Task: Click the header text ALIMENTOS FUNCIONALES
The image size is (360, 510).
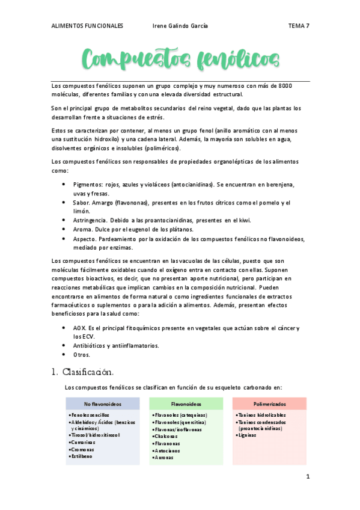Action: coord(87,26)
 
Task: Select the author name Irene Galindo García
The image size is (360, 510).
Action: coord(181,26)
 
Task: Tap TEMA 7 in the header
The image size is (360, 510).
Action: coord(299,26)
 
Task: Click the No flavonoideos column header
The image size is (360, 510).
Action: coord(102,404)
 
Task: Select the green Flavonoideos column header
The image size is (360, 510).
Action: coord(186,404)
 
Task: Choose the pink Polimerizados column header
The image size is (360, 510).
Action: coord(269,404)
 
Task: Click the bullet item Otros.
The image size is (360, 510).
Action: coord(81,355)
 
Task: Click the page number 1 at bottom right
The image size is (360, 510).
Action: coord(307,478)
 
